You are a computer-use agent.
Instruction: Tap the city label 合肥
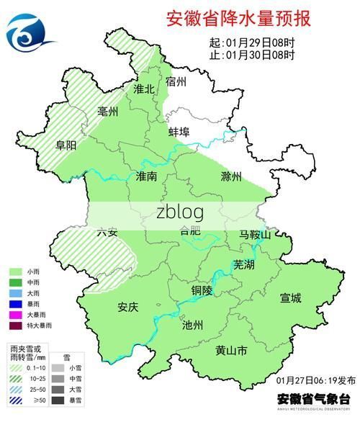[191, 231]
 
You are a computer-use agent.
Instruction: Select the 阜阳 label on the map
[66, 144]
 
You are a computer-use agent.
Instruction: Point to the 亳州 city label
[109, 111]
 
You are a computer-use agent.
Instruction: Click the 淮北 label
[144, 89]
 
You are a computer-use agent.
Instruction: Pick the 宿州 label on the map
[176, 81]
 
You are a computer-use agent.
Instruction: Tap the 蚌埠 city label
[179, 133]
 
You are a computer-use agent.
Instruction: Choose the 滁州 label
[232, 176]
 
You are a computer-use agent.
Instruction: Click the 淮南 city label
[147, 176]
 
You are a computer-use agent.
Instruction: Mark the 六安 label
[107, 232]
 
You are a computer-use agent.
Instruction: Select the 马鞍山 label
[255, 235]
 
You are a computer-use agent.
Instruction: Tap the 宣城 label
[291, 297]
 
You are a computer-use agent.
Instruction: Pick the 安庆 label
[127, 306]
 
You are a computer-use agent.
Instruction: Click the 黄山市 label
[231, 351]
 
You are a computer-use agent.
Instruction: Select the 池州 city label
[194, 325]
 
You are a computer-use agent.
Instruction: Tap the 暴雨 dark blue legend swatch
[14, 303]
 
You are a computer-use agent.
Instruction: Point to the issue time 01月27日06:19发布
[315, 380]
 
